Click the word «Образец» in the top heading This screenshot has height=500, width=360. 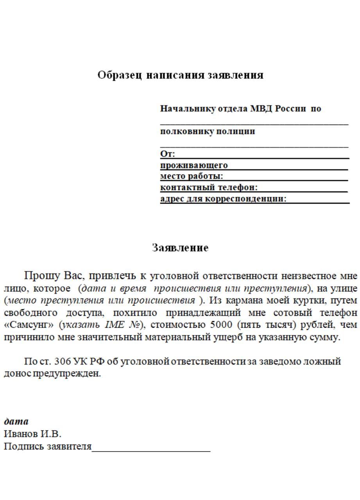pos(120,75)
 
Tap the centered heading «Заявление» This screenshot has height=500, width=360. pos(180,248)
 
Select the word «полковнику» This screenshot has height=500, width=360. pos(182,131)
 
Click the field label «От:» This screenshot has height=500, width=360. pos(168,154)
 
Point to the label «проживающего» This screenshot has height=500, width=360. pos(194,165)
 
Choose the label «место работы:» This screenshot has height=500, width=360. pos(192,176)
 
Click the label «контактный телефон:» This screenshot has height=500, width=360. pos(209,187)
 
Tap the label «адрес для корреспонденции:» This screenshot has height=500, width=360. pos(223,199)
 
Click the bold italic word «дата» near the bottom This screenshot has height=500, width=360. pos(16,421)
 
